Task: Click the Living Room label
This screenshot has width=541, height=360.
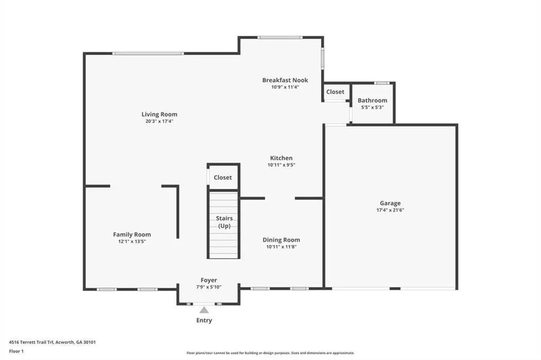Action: click(x=160, y=114)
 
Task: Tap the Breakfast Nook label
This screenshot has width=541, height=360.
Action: click(x=285, y=80)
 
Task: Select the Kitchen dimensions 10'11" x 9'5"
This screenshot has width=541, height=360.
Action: click(x=281, y=165)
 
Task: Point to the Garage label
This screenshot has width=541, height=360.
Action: click(x=390, y=203)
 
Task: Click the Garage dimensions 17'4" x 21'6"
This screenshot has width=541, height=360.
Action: click(x=390, y=210)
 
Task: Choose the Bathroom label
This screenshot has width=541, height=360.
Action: click(x=372, y=100)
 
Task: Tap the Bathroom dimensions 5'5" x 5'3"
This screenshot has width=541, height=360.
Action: click(x=372, y=107)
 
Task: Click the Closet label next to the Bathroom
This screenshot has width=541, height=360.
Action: click(x=335, y=92)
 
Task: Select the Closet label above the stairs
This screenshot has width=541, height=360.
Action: click(x=222, y=177)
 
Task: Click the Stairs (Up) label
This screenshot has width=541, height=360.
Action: click(x=224, y=222)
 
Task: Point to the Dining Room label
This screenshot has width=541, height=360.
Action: click(x=281, y=240)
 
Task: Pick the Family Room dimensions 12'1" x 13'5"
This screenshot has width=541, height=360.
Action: click(x=132, y=241)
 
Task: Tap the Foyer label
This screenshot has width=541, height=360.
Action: click(x=209, y=280)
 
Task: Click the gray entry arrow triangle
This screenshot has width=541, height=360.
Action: click(x=204, y=310)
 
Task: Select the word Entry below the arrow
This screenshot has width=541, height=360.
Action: click(x=204, y=320)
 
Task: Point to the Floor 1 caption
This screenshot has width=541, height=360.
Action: click(x=16, y=352)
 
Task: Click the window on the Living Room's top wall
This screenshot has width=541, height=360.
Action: click(x=148, y=53)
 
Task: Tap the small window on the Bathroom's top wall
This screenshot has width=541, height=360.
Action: click(x=381, y=83)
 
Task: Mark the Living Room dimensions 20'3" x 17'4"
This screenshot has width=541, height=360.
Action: click(x=160, y=121)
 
